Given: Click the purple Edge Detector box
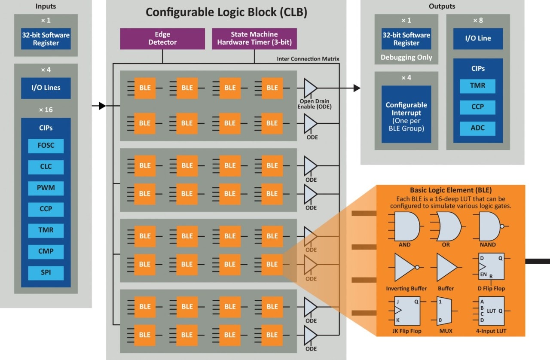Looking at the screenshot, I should pyautogui.click(x=162, y=38).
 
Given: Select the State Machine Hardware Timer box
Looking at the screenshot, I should pyautogui.click(x=254, y=38).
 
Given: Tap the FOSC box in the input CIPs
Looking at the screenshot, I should pyautogui.click(x=46, y=146).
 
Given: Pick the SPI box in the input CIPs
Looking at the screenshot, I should pyautogui.click(x=46, y=273).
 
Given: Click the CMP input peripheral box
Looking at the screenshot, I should pyautogui.click(x=46, y=251).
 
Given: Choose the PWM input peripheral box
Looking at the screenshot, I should pyautogui.click(x=46, y=188).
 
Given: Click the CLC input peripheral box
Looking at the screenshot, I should pyautogui.click(x=46, y=167).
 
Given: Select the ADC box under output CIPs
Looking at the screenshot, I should pyautogui.click(x=477, y=128).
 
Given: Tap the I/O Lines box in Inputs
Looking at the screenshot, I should pyautogui.click(x=46, y=88).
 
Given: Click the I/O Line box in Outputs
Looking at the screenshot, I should pyautogui.click(x=478, y=38).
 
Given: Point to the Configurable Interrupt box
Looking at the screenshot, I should pyautogui.click(x=406, y=114).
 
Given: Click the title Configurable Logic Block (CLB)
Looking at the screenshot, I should pyautogui.click(x=226, y=12).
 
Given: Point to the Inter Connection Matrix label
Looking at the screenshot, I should pyautogui.click(x=308, y=58).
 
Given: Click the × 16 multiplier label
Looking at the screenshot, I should pyautogui.click(x=46, y=110).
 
